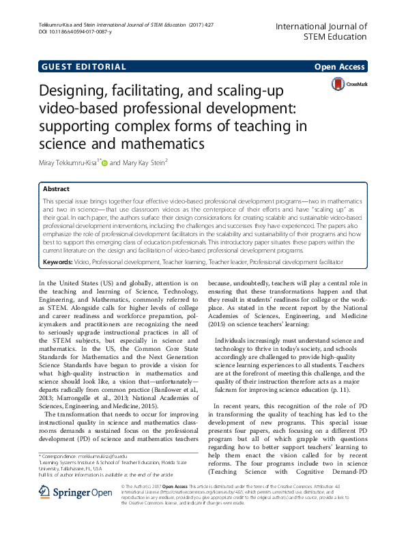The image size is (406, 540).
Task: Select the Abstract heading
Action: tap(57, 189)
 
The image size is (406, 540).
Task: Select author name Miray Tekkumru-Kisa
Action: tap(68, 163)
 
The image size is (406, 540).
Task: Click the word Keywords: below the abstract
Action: tap(59, 261)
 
